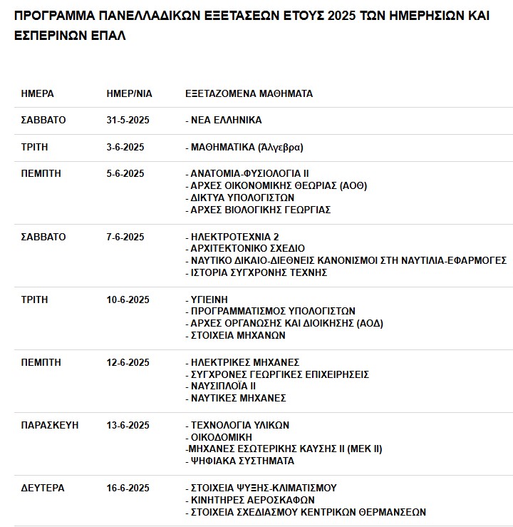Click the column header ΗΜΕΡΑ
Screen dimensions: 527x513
coord(37,93)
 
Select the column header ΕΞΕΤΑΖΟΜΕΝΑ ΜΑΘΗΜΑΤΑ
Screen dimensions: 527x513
coord(249,93)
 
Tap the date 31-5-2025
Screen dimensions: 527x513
coord(128,120)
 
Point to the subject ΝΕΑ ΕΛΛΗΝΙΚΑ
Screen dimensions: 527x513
coord(223,120)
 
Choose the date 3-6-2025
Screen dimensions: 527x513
coord(125,147)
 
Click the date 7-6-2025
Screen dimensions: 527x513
coord(125,236)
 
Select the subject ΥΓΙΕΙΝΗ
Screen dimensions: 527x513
coord(209,300)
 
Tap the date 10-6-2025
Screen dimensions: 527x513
coord(128,300)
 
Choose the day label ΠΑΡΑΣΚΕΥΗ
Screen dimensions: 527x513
coord(50,425)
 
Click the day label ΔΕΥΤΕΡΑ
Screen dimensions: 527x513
coord(43,488)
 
